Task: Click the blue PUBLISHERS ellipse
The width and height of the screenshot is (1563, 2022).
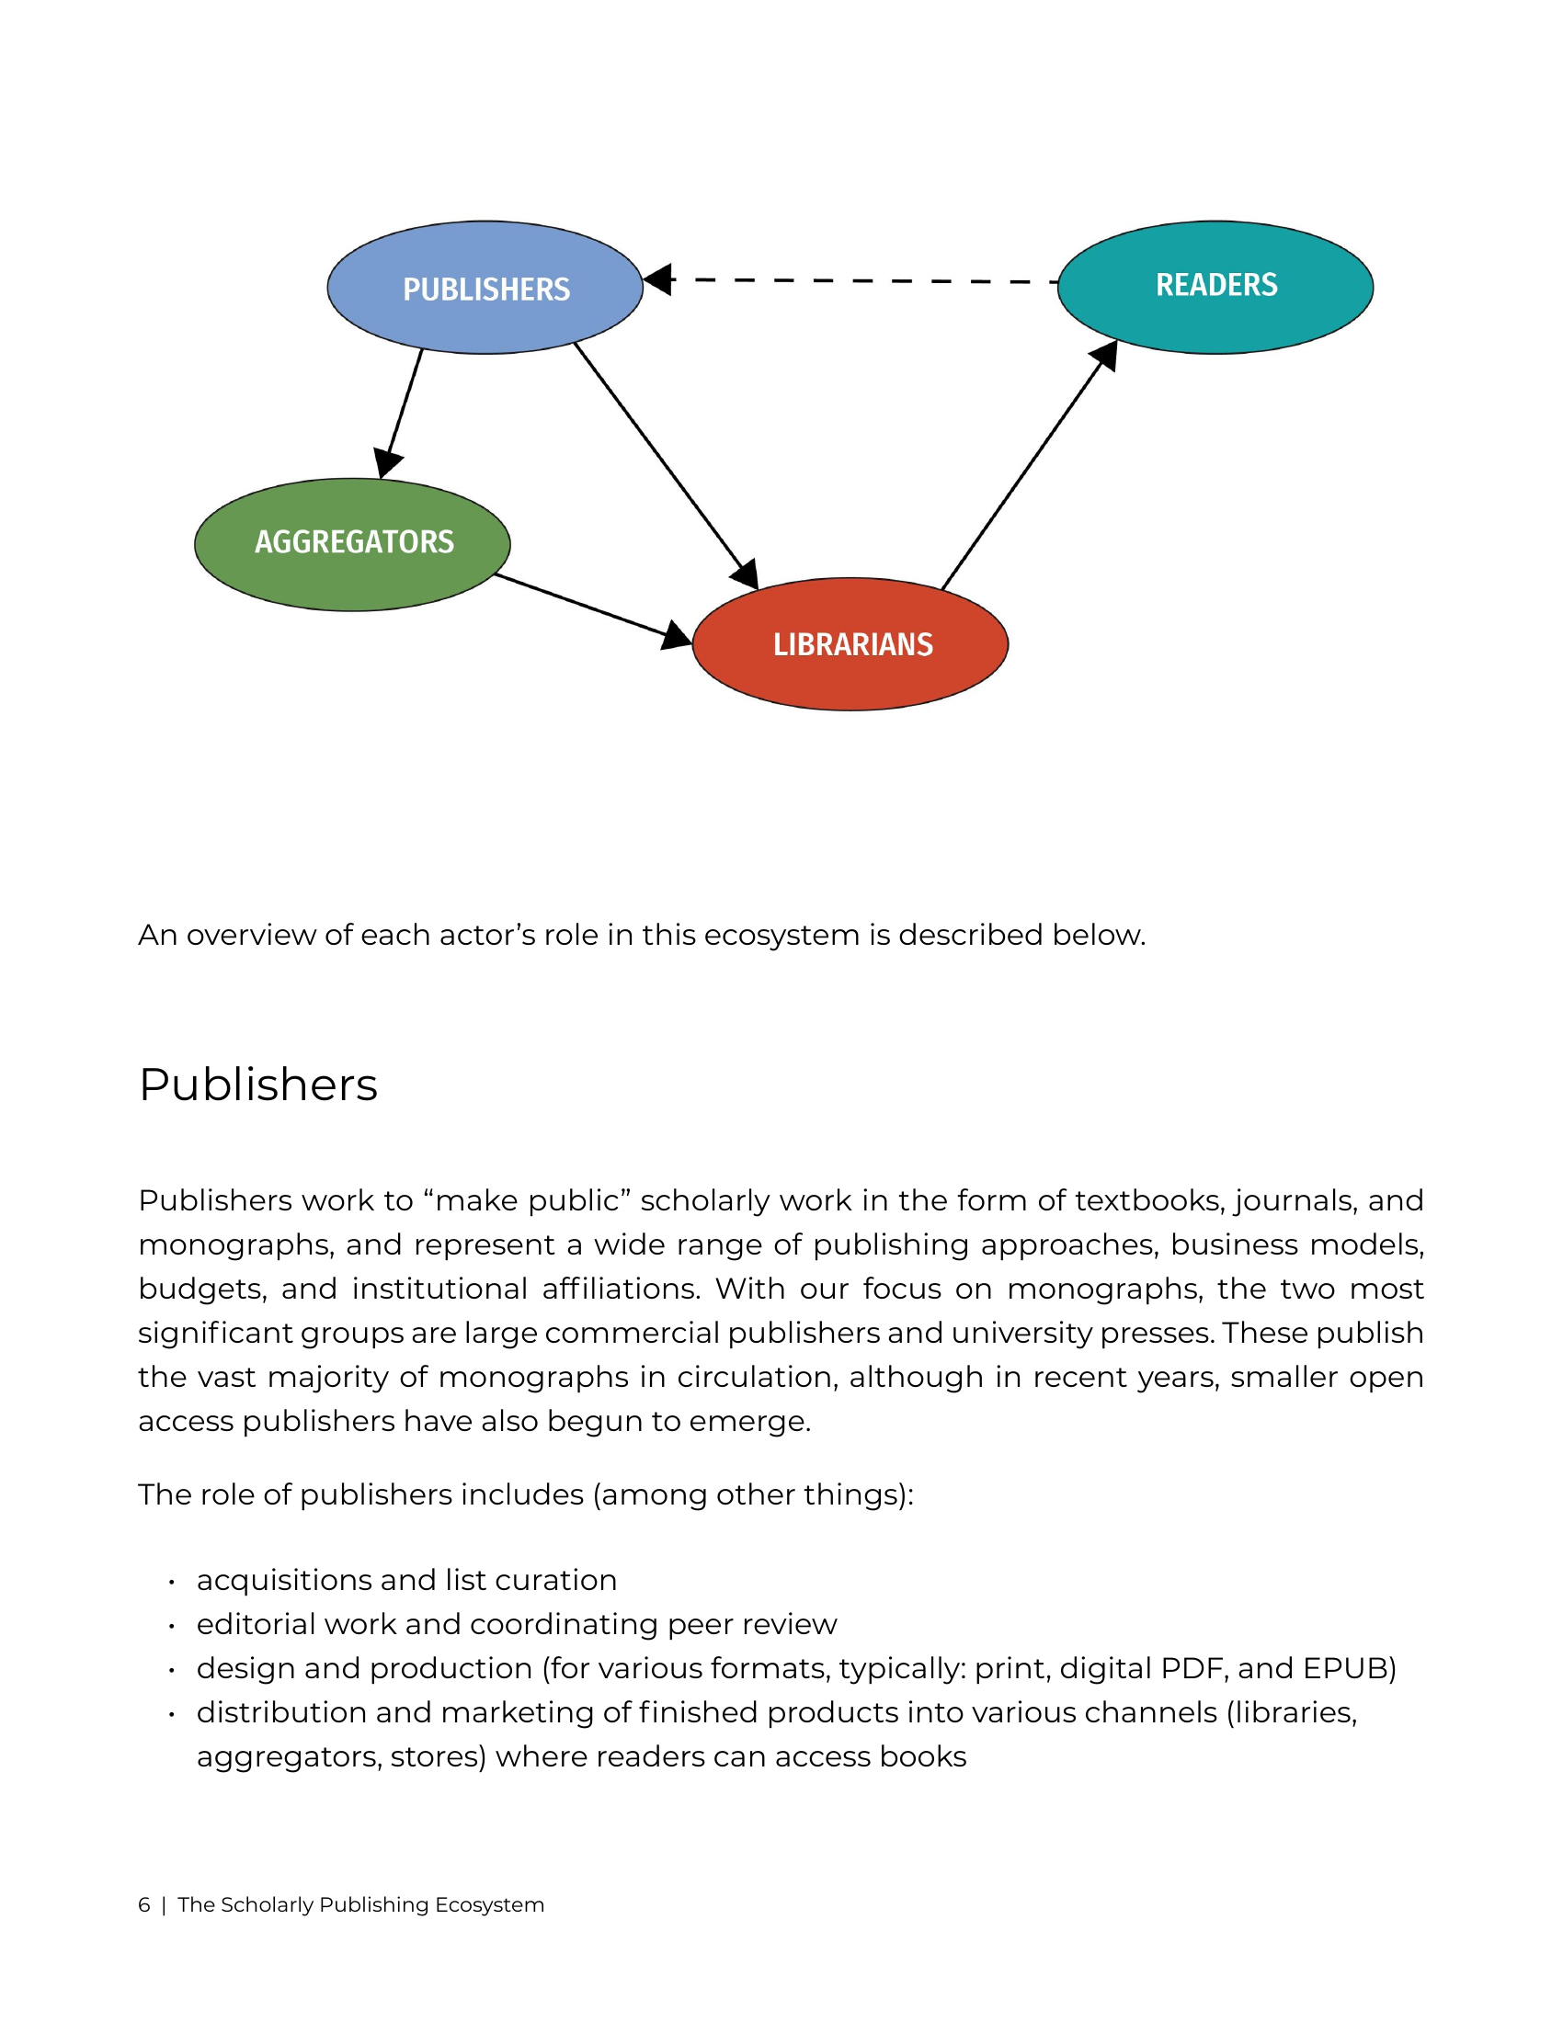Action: pos(485,287)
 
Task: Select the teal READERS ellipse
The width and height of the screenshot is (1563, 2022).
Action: pos(1215,287)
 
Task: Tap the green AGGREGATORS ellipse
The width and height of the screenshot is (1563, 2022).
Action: pos(352,544)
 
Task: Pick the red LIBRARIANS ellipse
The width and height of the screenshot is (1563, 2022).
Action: pos(850,644)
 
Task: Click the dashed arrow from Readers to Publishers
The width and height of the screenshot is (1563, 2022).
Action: pos(851,279)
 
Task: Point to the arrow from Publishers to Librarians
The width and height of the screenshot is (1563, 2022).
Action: pos(666,466)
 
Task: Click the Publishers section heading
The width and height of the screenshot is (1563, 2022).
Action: pos(258,1085)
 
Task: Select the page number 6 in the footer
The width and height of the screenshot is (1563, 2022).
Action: pos(144,1904)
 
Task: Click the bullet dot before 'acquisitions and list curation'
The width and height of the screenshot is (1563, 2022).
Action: pos(172,1583)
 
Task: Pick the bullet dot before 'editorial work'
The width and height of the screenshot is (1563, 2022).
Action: pos(172,1627)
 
